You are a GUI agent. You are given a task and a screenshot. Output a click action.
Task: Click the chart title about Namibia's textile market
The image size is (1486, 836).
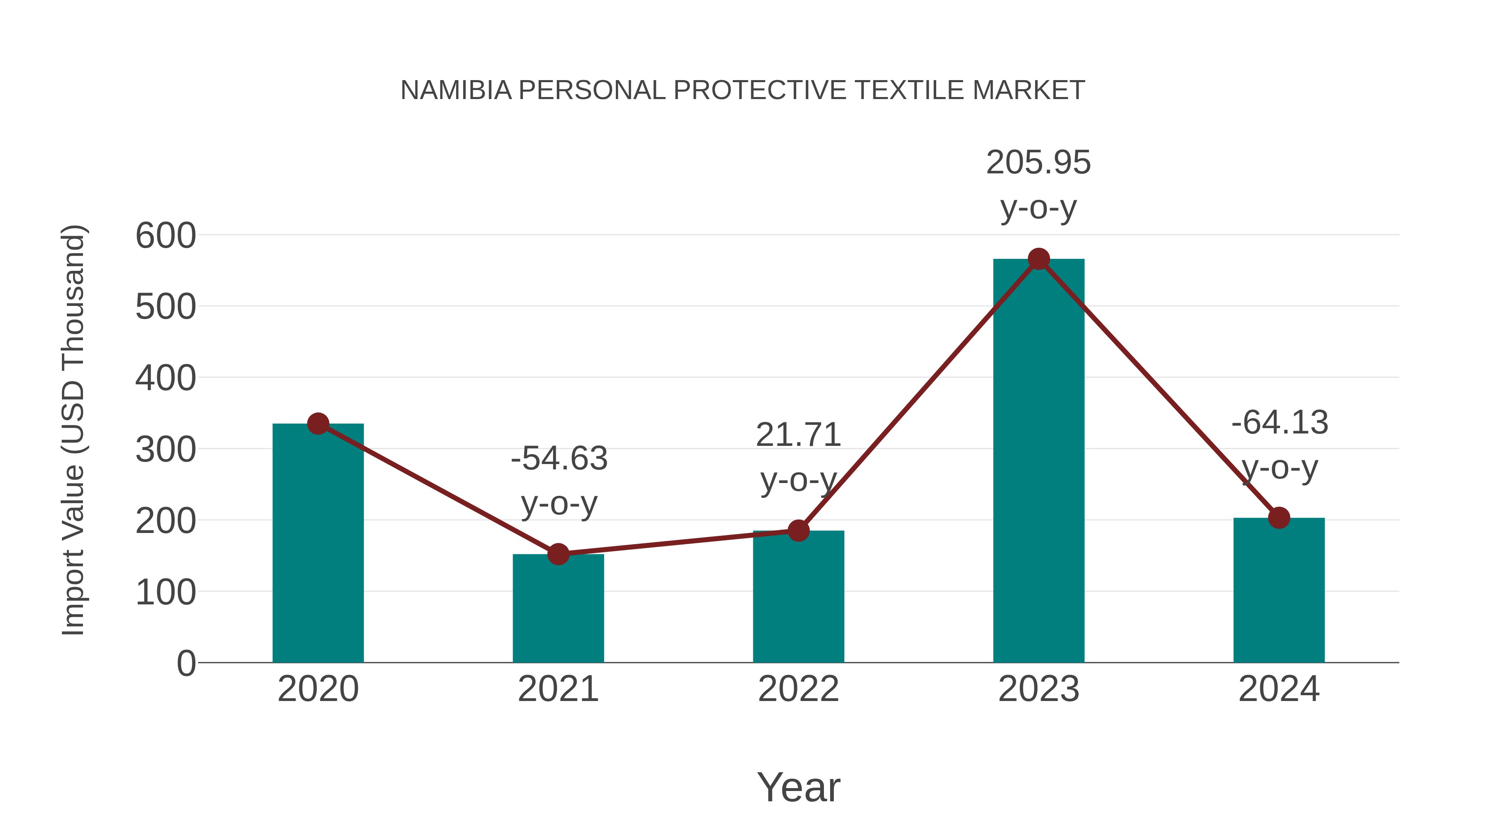743,90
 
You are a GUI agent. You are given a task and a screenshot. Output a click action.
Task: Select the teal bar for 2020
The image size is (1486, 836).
318,542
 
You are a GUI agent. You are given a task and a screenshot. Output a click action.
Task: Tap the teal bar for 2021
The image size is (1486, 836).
558,608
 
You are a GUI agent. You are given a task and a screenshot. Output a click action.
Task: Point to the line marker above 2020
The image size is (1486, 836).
318,424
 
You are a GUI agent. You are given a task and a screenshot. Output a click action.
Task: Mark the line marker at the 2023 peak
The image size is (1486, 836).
1039,259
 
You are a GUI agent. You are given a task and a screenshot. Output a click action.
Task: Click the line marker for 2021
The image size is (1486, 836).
558,554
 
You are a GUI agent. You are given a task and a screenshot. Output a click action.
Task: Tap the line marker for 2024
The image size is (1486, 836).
1279,518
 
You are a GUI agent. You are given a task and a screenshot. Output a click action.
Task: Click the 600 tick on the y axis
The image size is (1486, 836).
166,235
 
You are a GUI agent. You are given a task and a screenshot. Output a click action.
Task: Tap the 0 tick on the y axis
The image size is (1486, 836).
186,663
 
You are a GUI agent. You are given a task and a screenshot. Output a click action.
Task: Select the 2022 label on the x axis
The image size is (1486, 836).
798,689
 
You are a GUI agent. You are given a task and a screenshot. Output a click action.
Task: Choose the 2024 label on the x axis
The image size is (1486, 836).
1279,689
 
